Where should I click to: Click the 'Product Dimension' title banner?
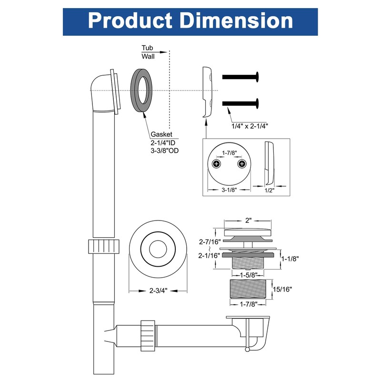(190, 21)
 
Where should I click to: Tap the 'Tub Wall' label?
(148, 52)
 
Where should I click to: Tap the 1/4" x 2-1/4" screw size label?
(250, 126)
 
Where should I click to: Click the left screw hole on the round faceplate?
(217, 164)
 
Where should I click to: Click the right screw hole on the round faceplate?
(242, 164)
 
